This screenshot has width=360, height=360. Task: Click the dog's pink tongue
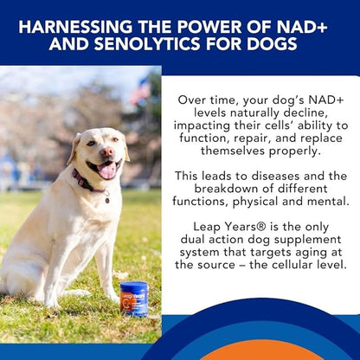tap(108, 170)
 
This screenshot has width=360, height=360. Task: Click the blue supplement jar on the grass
tap(134, 299)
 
